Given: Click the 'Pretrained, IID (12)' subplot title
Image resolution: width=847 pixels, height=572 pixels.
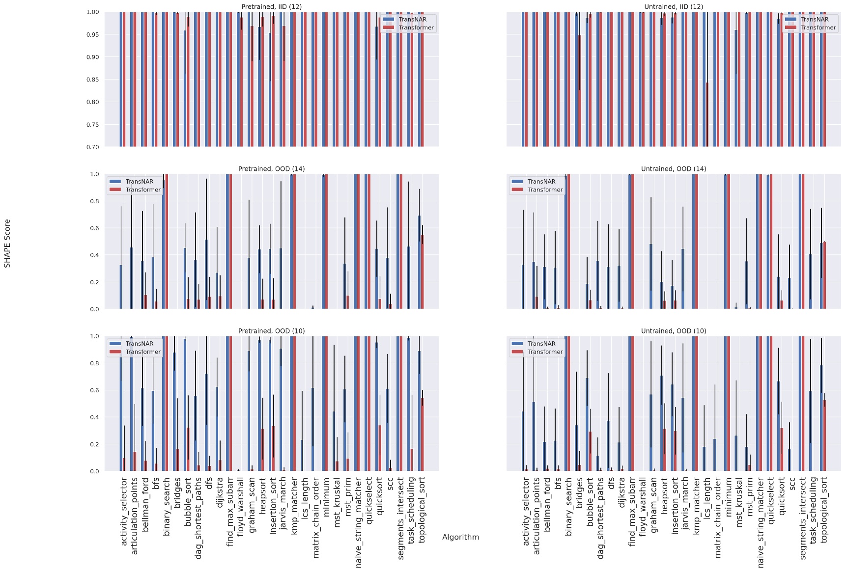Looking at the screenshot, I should tap(271, 7).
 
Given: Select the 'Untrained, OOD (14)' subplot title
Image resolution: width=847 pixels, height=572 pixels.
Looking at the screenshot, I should tap(673, 169).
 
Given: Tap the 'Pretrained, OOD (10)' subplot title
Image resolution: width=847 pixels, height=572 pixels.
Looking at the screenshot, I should tap(271, 331).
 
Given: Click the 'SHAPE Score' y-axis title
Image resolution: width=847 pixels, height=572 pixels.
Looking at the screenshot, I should tap(7, 244).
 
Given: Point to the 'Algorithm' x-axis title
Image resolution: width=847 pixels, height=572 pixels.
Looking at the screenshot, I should tap(460, 537).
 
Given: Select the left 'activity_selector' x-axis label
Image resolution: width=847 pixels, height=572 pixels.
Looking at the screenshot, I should tap(124, 511).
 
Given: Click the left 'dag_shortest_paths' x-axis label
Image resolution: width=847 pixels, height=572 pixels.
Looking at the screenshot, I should tap(198, 518).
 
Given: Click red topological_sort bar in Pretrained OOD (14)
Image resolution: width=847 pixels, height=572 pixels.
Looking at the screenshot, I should tap(422, 272).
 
